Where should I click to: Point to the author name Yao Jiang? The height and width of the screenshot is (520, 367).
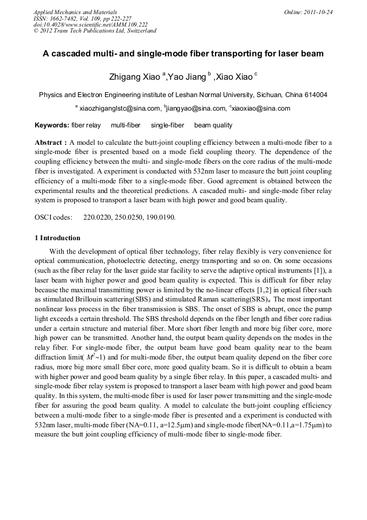coord(187,77)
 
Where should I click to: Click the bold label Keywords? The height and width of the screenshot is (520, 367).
coord(52,125)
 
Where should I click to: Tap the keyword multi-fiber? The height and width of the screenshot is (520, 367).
coord(126,125)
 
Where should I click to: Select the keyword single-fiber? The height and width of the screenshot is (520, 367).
coord(167,125)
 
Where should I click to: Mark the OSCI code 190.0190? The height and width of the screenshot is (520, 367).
coord(161,217)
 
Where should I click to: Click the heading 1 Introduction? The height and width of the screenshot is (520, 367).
coord(57,238)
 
